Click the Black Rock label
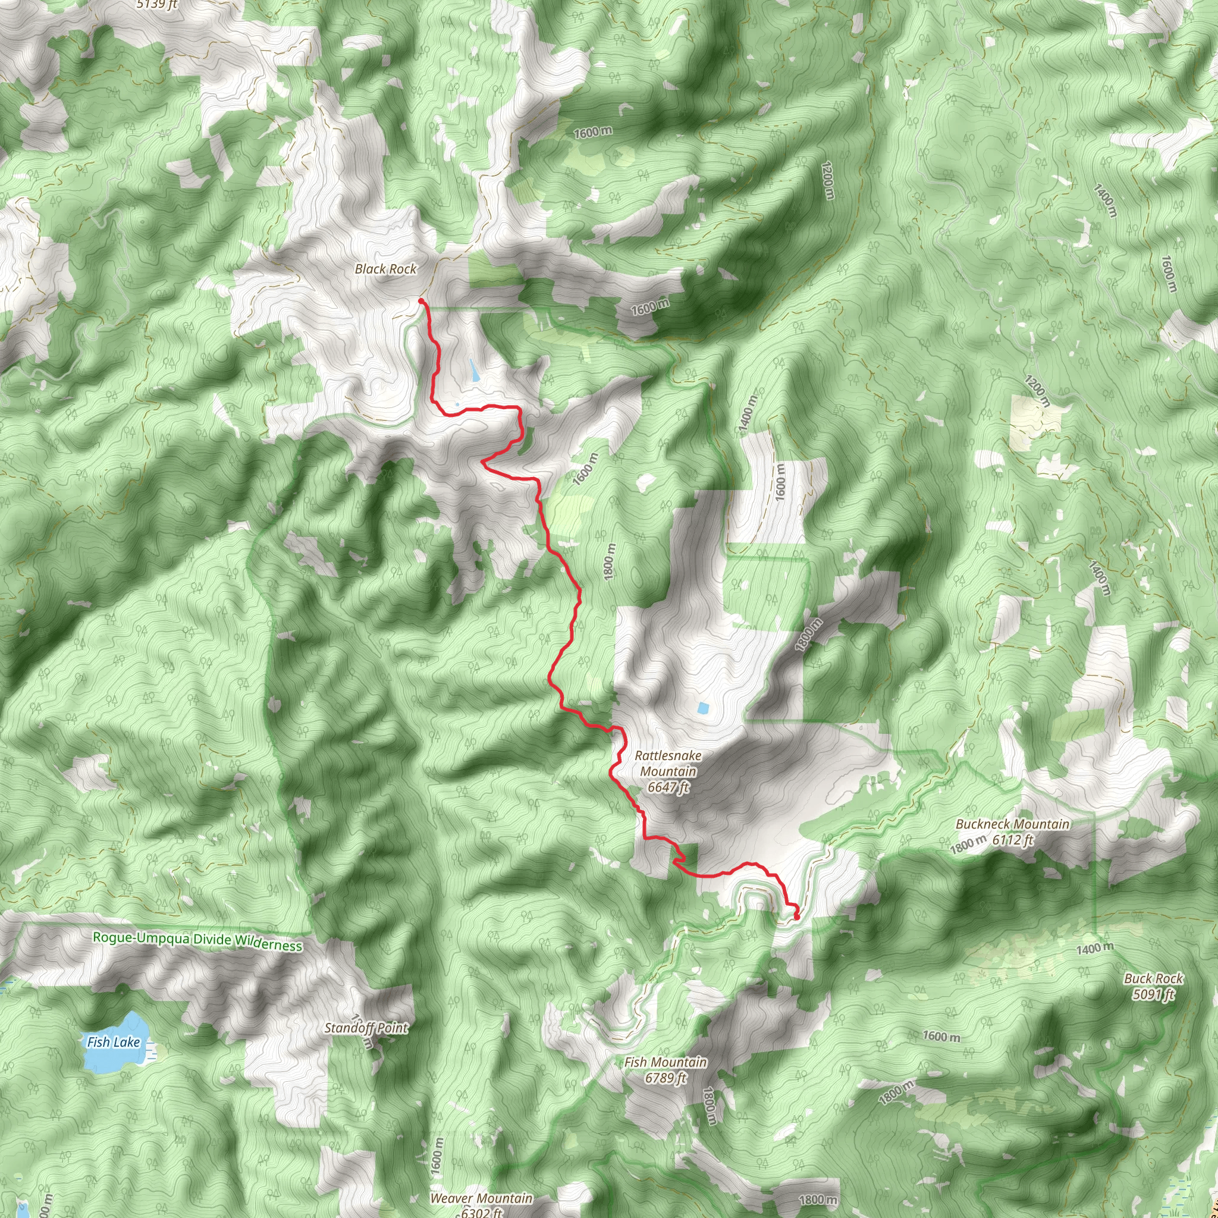385,269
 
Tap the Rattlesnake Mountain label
668,764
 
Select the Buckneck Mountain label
1012,825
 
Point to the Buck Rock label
1153,979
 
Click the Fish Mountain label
665,1063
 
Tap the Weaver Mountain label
481,1198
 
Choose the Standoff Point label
366,1028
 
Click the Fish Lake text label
114,1043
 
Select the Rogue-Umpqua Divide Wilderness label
197,941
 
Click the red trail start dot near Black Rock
420,302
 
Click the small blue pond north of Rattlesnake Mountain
702,708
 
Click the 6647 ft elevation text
668,787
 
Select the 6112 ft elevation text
1012,840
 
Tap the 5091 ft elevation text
1153,995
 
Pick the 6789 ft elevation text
665,1078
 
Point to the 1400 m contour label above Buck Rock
1094,947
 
